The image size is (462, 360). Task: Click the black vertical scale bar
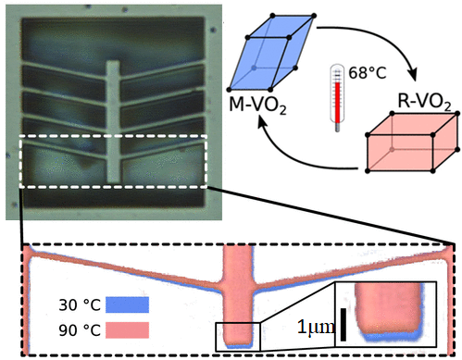point(343,325)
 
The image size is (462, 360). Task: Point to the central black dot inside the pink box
point(396,148)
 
